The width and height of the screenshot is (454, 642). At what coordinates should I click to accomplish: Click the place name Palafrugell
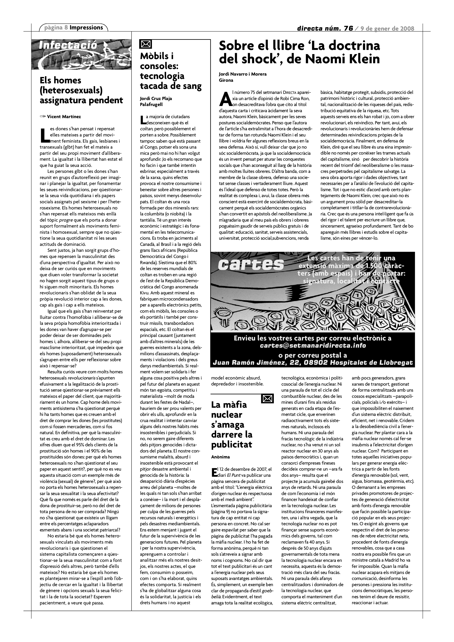[151, 105]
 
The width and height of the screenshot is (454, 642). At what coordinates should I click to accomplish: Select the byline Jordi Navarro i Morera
[243, 74]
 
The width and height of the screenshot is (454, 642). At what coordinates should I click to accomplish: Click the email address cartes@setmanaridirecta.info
[313, 345]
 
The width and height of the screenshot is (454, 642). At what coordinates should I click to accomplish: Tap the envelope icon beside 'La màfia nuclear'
[267, 398]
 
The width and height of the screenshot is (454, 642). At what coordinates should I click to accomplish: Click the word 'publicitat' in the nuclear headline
[231, 444]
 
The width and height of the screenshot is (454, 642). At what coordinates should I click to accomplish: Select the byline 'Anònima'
[220, 457]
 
